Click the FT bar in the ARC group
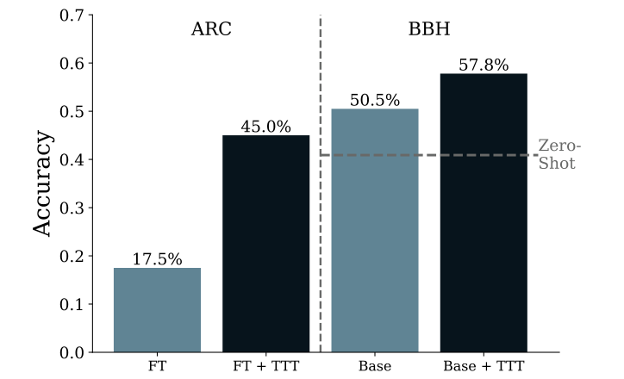pos(157,310)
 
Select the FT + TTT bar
pos(265,244)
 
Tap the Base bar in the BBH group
pos(375,231)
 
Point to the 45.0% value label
pos(265,127)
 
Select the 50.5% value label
pos(375,100)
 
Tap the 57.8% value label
pos(484,65)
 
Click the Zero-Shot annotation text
pos(558,154)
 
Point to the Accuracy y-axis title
pos(44,184)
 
